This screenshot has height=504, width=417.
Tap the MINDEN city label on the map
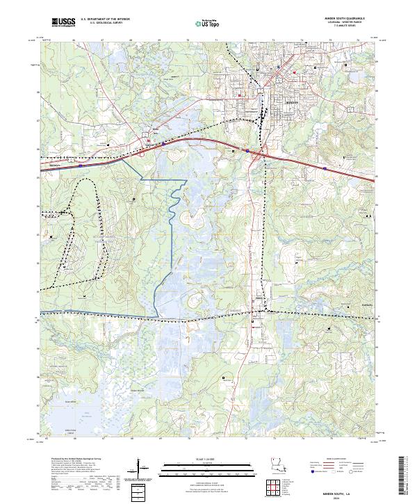point(292,101)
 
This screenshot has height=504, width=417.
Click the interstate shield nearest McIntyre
point(81,166)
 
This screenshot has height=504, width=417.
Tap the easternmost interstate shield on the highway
point(325,168)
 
